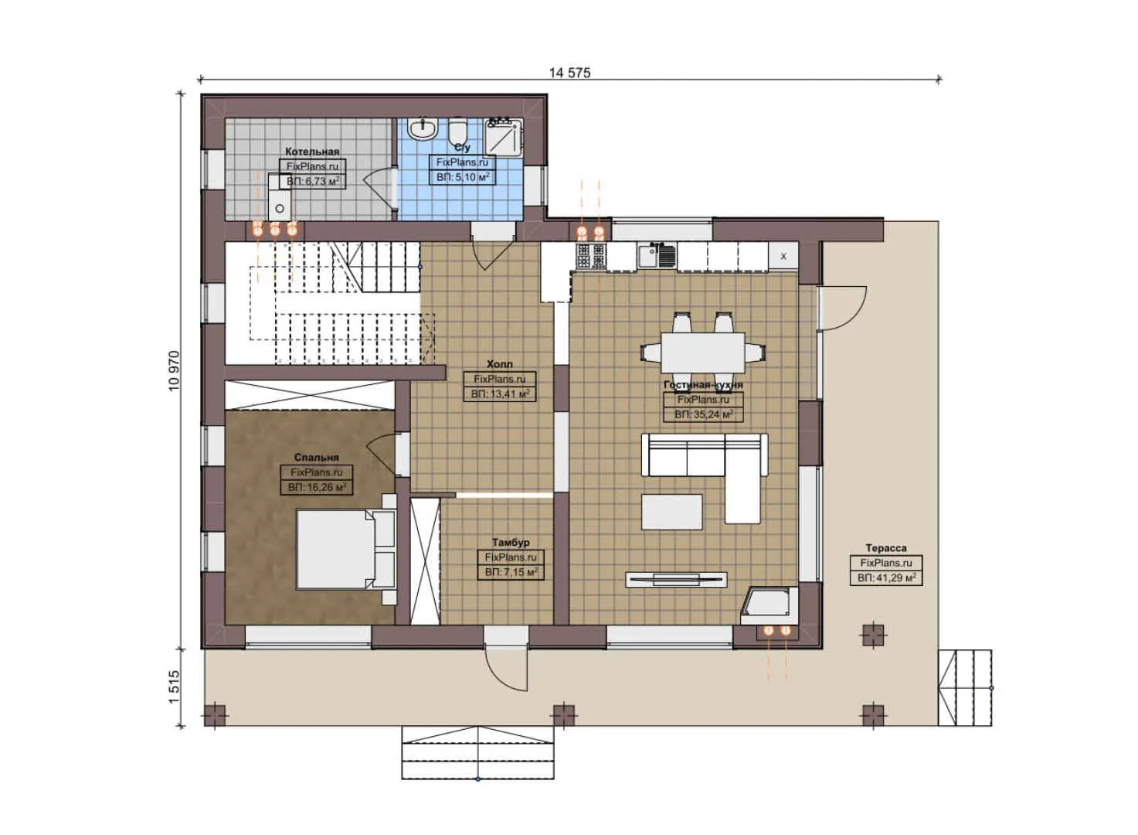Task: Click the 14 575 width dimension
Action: [569, 73]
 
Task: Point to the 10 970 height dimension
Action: [173, 370]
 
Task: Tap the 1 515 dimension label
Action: [173, 686]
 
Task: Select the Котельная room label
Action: [312, 152]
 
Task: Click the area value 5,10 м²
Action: [463, 177]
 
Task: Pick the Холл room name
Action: [499, 364]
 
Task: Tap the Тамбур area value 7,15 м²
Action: [511, 572]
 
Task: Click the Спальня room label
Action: [316, 458]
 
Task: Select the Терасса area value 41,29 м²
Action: [886, 578]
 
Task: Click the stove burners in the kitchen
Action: [592, 256]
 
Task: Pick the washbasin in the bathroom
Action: [423, 128]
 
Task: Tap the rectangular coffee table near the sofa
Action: [671, 512]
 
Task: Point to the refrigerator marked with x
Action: [783, 256]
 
